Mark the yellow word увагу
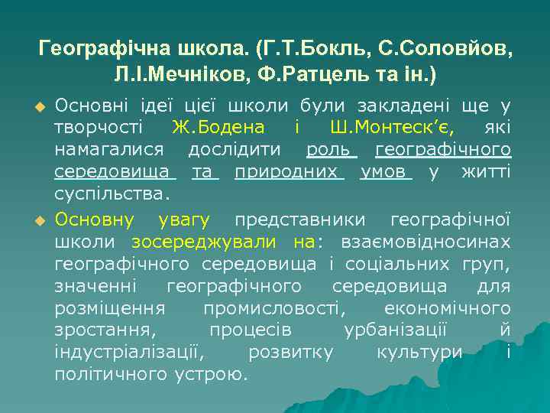[x=184, y=220]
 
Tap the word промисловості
[x=273, y=309]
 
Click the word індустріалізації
[x=128, y=353]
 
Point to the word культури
[x=419, y=353]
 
